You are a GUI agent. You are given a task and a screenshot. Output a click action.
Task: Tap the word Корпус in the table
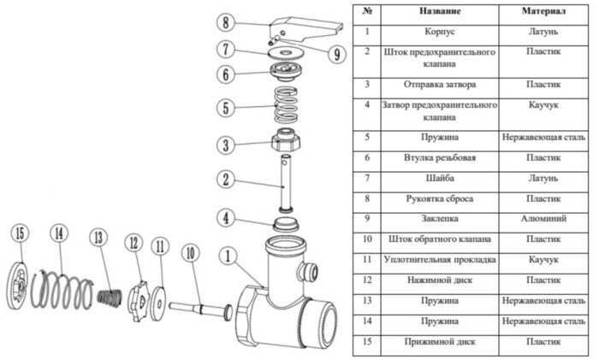click(441, 32)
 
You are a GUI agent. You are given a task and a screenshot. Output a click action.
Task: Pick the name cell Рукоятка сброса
click(441, 198)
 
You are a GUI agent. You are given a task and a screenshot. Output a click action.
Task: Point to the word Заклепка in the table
click(441, 218)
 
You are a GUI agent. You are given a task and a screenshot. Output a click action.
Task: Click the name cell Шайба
click(441, 178)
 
